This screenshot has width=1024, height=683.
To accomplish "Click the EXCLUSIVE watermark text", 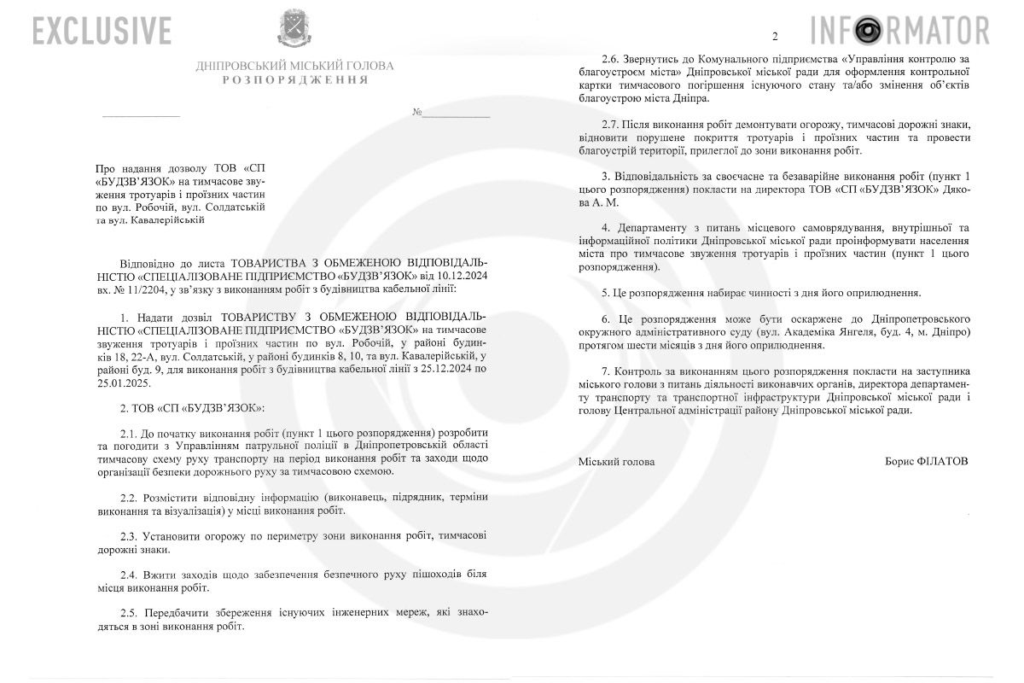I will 102,31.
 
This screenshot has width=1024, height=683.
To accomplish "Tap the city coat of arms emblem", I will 294,28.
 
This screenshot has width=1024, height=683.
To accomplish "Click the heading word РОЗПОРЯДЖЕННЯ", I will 295,79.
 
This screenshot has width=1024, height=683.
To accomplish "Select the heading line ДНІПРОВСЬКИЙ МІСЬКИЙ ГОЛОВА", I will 295,65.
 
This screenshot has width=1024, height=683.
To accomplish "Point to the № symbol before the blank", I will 417,113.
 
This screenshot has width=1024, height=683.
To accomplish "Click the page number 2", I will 775,36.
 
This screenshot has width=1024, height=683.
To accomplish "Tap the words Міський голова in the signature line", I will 617,461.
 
